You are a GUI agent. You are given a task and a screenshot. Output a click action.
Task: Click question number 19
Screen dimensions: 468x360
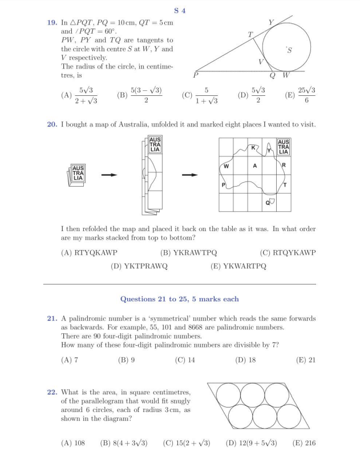tap(52, 22)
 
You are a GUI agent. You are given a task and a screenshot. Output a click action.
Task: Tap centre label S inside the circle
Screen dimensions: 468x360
tap(290, 50)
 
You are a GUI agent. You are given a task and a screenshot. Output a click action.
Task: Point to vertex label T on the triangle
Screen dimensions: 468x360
tap(249, 34)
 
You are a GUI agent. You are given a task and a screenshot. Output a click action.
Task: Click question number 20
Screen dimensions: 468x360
tap(52, 124)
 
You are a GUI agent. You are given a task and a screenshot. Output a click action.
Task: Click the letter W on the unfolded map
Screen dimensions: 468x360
tap(226, 167)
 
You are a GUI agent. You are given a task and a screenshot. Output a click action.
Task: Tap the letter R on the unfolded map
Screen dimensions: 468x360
tap(284, 164)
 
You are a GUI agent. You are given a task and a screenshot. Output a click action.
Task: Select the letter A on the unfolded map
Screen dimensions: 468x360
tap(255, 166)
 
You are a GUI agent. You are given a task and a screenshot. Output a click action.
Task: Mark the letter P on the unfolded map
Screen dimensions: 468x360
tap(224, 185)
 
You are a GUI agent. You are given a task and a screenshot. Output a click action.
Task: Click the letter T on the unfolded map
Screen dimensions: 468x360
tap(285, 186)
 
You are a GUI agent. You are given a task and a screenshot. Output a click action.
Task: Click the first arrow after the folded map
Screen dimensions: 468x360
tap(107, 175)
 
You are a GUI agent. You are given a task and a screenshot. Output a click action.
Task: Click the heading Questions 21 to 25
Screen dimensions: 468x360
tap(179, 298)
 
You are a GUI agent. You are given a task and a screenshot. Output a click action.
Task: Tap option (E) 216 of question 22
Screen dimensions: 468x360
tap(304, 442)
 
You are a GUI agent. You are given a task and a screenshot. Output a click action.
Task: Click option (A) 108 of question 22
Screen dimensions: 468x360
tap(72, 442)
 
